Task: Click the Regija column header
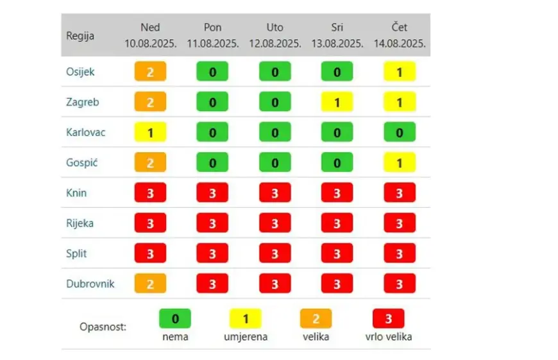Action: coord(80,36)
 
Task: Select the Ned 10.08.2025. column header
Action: coord(150,36)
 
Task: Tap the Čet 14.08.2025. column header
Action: coord(400,36)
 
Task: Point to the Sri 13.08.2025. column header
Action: coord(337,36)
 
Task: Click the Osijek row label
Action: coord(80,72)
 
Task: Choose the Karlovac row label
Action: coord(85,132)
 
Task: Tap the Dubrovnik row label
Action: coord(90,283)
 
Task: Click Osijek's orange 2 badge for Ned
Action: coord(150,72)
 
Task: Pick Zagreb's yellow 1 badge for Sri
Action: coord(337,102)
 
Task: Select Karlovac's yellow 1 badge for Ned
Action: coord(150,133)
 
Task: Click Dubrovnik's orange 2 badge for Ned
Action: coord(150,284)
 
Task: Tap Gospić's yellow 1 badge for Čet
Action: coord(400,163)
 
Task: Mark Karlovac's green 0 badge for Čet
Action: coord(400,133)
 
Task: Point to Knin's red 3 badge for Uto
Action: coord(275,193)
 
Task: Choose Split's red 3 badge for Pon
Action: coord(212,253)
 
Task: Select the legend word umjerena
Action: coord(245,336)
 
